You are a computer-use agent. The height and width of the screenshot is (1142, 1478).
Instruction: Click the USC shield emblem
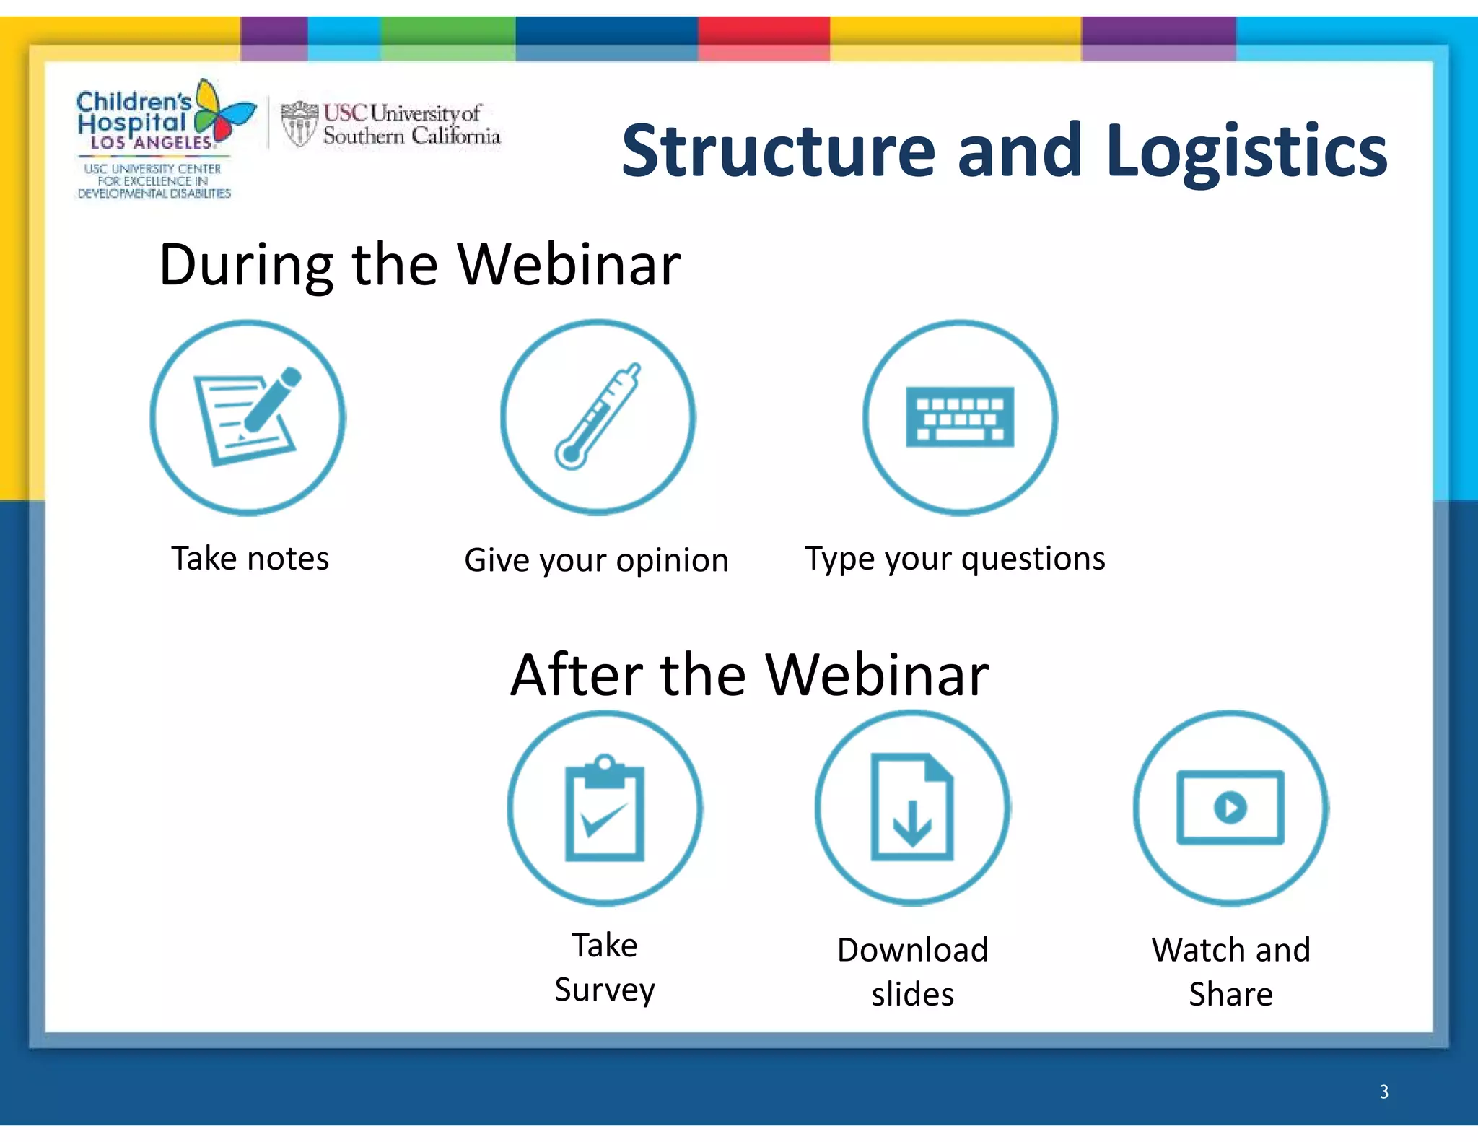299,123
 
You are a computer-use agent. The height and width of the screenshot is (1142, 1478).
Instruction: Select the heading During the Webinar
419,264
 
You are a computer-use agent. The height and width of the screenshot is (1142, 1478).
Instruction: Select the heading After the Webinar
749,674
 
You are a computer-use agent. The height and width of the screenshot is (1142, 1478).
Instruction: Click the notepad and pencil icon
248,417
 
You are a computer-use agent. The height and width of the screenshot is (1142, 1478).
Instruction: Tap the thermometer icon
598,417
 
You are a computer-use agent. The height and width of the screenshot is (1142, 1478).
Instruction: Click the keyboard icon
960,417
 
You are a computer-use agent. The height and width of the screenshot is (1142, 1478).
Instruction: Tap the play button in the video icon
1230,806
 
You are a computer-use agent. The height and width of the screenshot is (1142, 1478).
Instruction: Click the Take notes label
250,558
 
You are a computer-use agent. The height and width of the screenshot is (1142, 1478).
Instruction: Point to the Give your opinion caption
596,560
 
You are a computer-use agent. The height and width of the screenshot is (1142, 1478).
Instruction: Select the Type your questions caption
955,559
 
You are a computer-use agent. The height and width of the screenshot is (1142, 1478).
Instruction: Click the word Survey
605,990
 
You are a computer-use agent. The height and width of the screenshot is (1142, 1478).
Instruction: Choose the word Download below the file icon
912,949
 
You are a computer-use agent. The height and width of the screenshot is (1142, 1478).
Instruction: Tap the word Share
1230,994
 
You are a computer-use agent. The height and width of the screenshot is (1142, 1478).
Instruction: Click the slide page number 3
1383,1091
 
